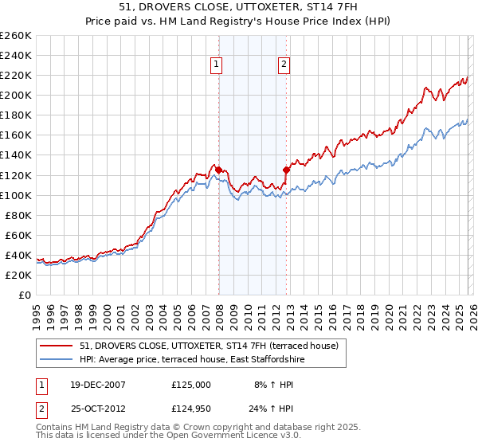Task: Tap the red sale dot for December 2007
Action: (x=218, y=170)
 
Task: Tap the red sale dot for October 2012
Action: (x=286, y=170)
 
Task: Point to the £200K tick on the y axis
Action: (x=17, y=95)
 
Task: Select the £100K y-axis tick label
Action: (x=17, y=195)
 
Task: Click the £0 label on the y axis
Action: (x=24, y=295)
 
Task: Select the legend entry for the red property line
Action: (x=209, y=346)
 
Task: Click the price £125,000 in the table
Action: (x=191, y=384)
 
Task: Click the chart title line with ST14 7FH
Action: (x=238, y=10)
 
